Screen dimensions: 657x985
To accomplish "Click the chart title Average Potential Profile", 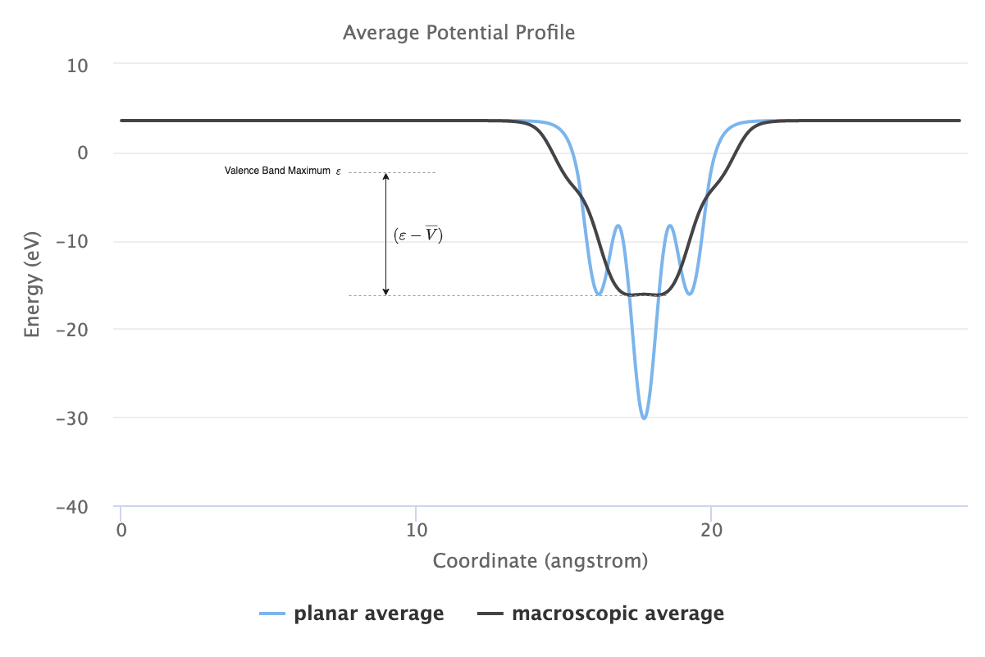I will tap(458, 33).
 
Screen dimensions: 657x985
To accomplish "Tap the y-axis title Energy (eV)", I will tap(32, 285).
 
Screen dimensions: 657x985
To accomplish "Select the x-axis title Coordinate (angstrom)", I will tap(540, 561).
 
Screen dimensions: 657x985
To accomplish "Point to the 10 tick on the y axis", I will tap(78, 65).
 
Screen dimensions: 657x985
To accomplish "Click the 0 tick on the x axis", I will tap(121, 529).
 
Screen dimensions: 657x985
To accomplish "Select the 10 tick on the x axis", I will tap(416, 529).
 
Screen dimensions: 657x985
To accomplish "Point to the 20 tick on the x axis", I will tap(711, 529).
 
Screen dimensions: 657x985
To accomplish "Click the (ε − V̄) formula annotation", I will tap(418, 235).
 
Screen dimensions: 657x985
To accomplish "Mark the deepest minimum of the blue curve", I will tap(645, 418).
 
